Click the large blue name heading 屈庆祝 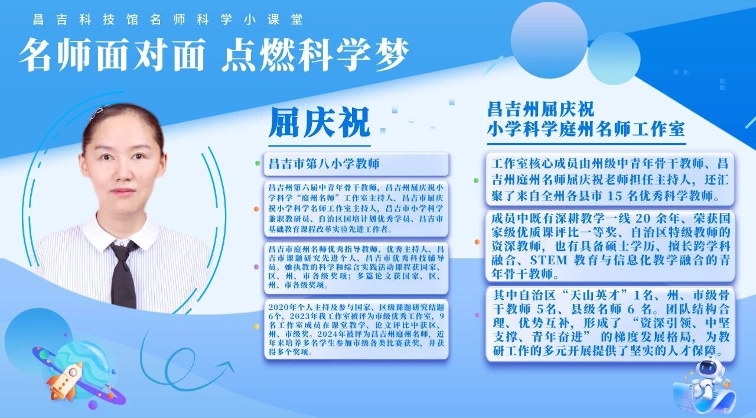320,122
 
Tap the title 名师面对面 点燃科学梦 214,54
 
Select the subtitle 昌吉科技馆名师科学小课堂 168,20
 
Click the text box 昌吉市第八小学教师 356,164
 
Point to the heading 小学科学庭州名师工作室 586,129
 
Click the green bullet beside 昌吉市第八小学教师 258,164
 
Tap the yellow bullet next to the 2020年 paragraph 256,326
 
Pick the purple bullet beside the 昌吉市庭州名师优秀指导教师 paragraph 256,267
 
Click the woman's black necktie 123,274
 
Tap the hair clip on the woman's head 98,112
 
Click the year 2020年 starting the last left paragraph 282,307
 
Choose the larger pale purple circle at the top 549,40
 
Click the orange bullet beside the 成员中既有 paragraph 477,242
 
